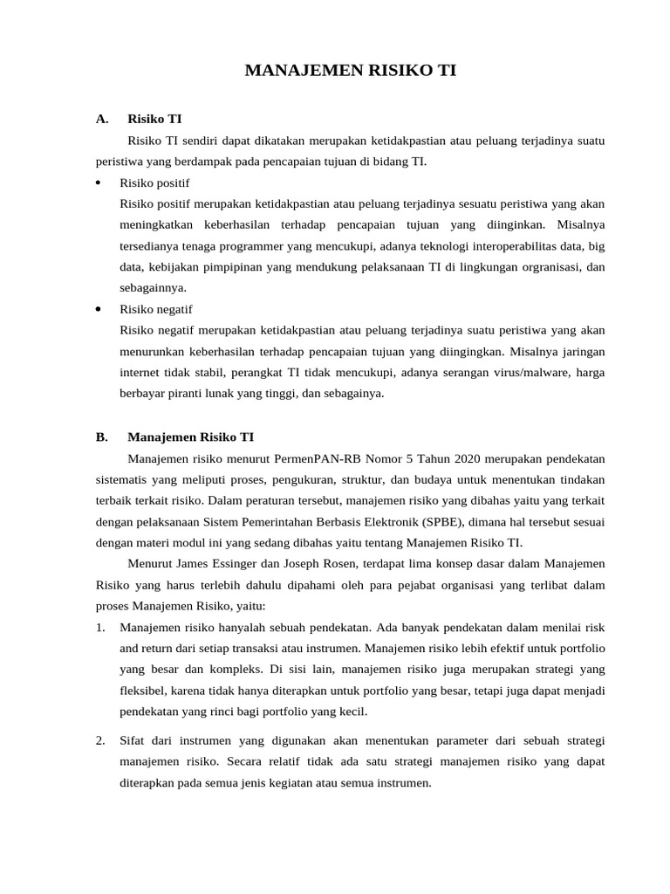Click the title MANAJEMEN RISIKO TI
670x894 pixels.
click(350, 72)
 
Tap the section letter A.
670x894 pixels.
click(102, 118)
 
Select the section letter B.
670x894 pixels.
click(102, 437)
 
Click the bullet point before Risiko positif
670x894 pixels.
click(99, 182)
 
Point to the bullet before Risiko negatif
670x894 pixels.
click(99, 309)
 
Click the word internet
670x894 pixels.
click(140, 372)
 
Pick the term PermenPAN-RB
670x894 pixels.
click(312, 458)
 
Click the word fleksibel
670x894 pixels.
click(144, 690)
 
